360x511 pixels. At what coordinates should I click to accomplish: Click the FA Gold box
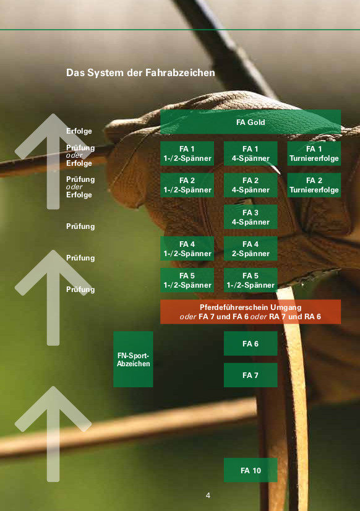coord(251,122)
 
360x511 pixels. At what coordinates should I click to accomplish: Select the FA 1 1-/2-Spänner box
coord(187,153)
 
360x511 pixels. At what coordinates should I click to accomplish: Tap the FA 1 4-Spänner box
coord(251,153)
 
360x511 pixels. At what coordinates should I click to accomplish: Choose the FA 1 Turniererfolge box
coord(314,153)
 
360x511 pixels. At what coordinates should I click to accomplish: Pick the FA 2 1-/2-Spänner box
coord(187,185)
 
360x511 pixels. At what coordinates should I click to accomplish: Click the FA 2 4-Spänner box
coord(251,185)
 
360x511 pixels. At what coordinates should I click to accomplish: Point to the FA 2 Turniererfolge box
coord(314,185)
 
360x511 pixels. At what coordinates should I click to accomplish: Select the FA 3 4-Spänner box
coord(251,217)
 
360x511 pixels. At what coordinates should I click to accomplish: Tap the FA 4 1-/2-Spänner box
coord(187,249)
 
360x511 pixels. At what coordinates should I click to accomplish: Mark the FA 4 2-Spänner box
coord(251,249)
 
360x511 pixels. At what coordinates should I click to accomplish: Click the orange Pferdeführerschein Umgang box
coord(251,312)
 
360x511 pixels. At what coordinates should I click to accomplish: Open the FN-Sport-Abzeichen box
coord(133,359)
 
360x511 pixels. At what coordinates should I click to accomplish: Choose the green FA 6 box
coord(251,343)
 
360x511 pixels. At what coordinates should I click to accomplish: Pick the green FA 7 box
coord(251,375)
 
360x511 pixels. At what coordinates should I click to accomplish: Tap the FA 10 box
coord(251,470)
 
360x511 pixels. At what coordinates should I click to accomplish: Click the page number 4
coord(208,496)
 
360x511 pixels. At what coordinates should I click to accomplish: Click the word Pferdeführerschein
coord(234,307)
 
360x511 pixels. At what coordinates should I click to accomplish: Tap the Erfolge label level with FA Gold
coord(79,131)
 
